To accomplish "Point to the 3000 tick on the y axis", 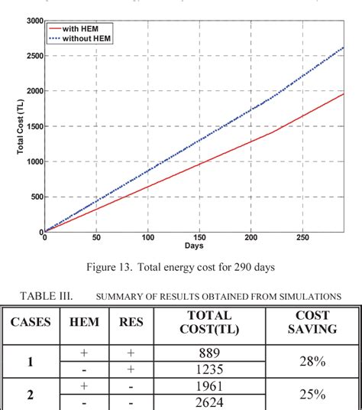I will pos(34,21).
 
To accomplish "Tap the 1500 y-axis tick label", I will pos(34,126).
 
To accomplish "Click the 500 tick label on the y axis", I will pos(36,197).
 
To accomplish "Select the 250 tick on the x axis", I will pos(302,238).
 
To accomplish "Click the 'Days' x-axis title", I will pos(193,246).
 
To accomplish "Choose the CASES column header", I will pos(31,322).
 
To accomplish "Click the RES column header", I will pos(131,322).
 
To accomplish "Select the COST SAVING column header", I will pos(312,322).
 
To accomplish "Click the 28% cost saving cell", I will pos(312,361).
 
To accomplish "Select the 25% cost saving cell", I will pos(312,394).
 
